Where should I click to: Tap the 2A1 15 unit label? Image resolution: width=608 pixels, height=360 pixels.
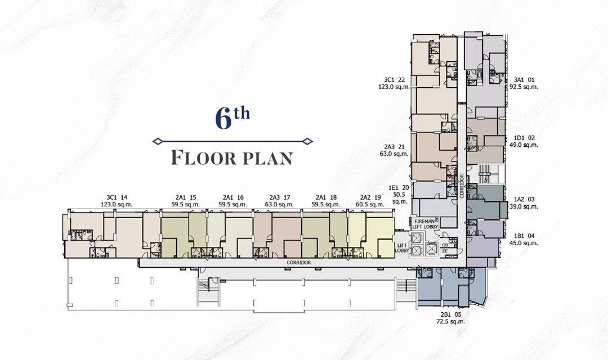pos(185,197)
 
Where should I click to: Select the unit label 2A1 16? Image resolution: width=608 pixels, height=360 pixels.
pos(233,197)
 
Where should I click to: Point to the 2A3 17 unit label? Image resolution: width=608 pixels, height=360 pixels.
pos(279,197)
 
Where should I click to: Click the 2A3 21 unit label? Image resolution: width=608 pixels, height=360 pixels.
pos(394,146)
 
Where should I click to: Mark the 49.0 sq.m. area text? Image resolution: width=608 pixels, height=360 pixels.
pos(523,145)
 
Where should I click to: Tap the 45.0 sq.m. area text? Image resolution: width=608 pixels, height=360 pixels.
pos(523,243)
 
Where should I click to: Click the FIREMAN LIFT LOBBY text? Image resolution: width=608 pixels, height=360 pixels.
pos(426,224)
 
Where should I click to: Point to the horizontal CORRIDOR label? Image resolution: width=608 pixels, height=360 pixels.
pos(298,263)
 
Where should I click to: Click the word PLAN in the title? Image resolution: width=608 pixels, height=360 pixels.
pos(268,158)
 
